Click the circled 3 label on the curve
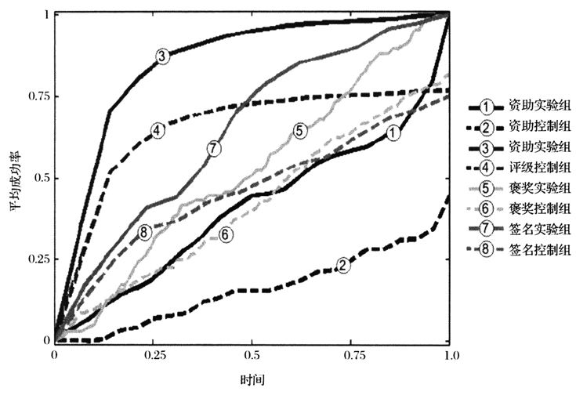pyautogui.click(x=161, y=56)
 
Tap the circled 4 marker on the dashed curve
pyautogui.click(x=158, y=130)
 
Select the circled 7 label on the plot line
pyautogui.click(x=214, y=147)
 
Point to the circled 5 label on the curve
pyautogui.click(x=300, y=131)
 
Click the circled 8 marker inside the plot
pyautogui.click(x=144, y=232)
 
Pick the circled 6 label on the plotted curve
pyautogui.click(x=225, y=234)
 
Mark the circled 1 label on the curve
pyautogui.click(x=393, y=134)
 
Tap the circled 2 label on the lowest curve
pyautogui.click(x=342, y=266)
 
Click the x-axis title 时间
pyautogui.click(x=251, y=380)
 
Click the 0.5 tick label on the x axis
pyautogui.click(x=252, y=357)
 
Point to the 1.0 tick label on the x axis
pyautogui.click(x=447, y=357)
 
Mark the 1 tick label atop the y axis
pyautogui.click(x=46, y=14)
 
